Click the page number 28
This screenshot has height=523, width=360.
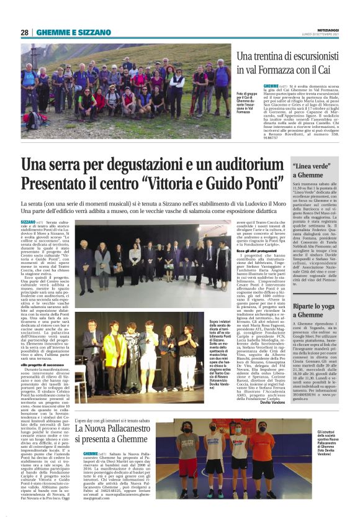click(24, 32)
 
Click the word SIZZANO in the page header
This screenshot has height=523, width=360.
click(80, 32)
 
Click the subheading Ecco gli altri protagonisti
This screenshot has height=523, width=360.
click(199, 248)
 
